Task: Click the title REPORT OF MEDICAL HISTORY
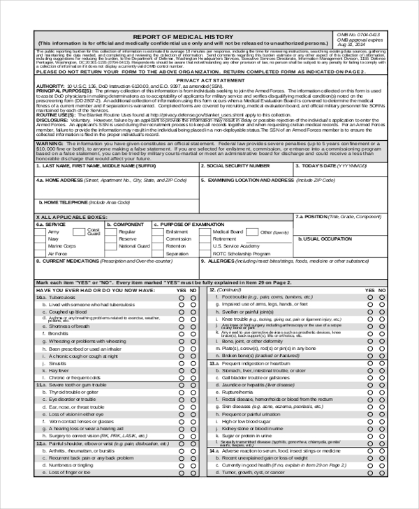pos(184,35)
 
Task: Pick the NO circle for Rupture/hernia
pos(382,393)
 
